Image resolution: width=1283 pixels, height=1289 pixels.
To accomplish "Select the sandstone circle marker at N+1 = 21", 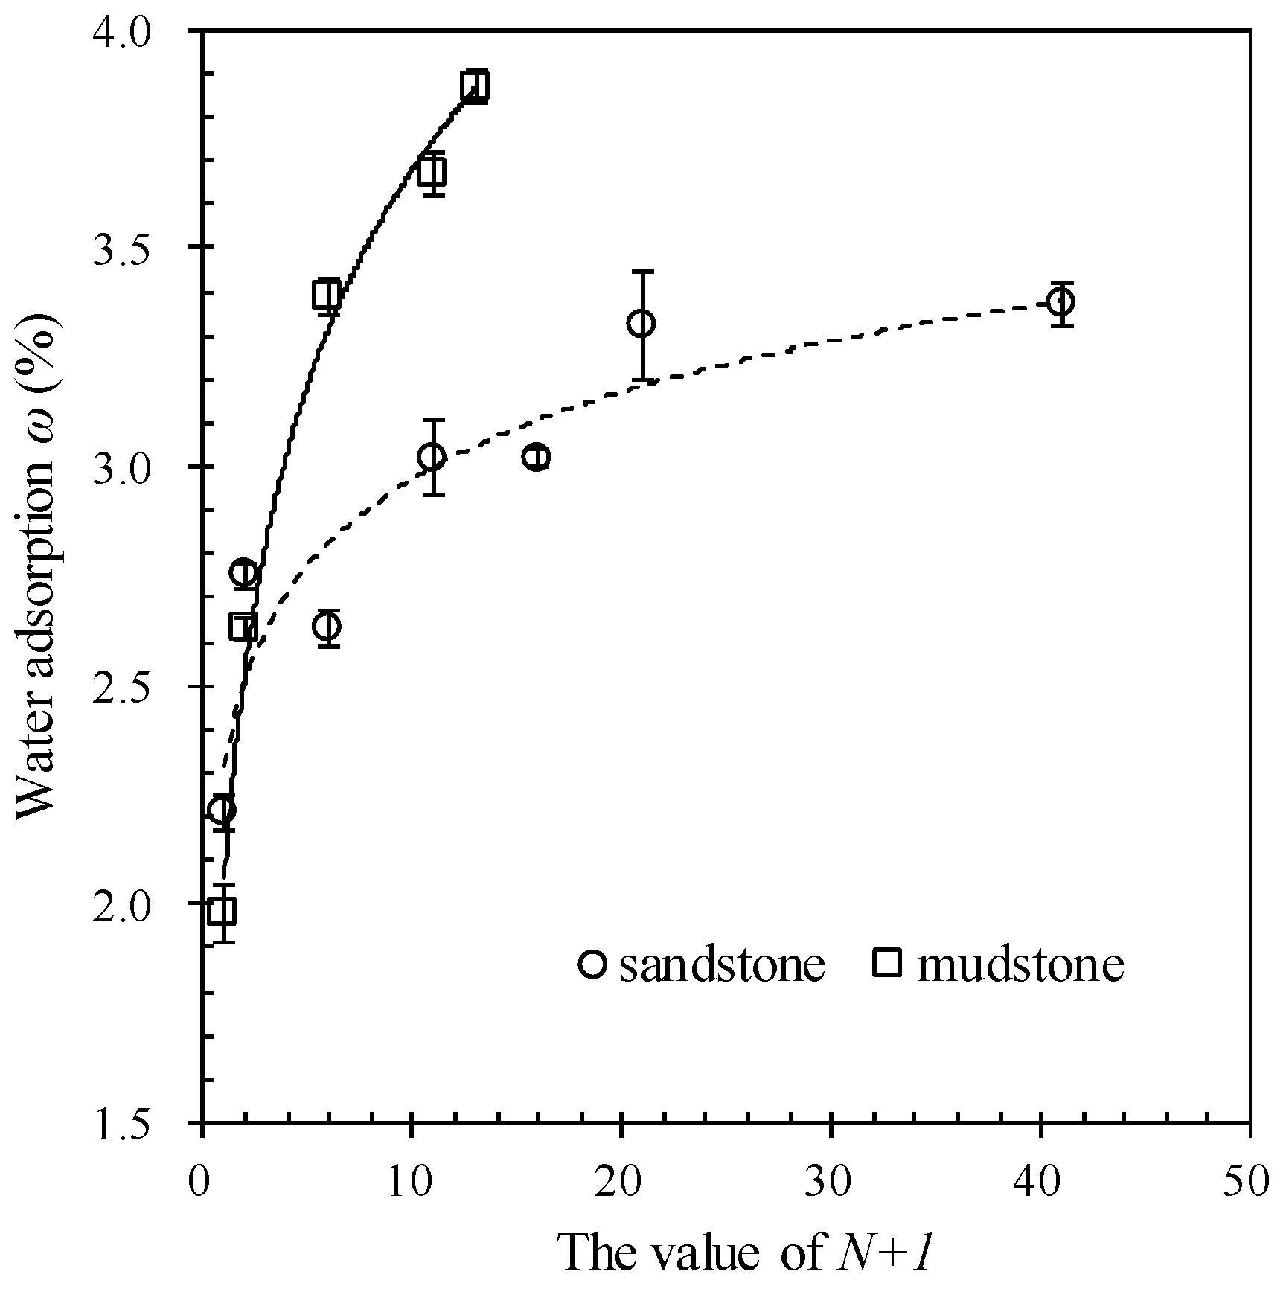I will click(641, 323).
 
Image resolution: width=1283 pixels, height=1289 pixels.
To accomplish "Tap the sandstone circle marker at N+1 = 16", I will click(536, 456).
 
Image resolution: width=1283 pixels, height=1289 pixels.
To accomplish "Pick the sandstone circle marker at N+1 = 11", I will click(432, 456).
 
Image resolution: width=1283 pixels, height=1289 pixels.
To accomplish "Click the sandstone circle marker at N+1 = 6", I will click(327, 627).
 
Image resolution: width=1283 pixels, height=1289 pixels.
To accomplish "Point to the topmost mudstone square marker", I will click(474, 86).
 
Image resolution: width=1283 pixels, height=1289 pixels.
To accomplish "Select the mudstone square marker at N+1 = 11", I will click(432, 172).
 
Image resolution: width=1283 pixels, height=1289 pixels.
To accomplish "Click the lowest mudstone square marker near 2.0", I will click(222, 910).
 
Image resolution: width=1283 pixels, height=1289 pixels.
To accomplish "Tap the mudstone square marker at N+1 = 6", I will click(326, 294).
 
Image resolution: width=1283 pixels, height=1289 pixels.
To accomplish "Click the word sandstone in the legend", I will click(722, 965).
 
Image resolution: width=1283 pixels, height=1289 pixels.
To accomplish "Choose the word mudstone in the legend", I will click(1020, 965).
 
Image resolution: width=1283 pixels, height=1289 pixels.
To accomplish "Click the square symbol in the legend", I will click(888, 964).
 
